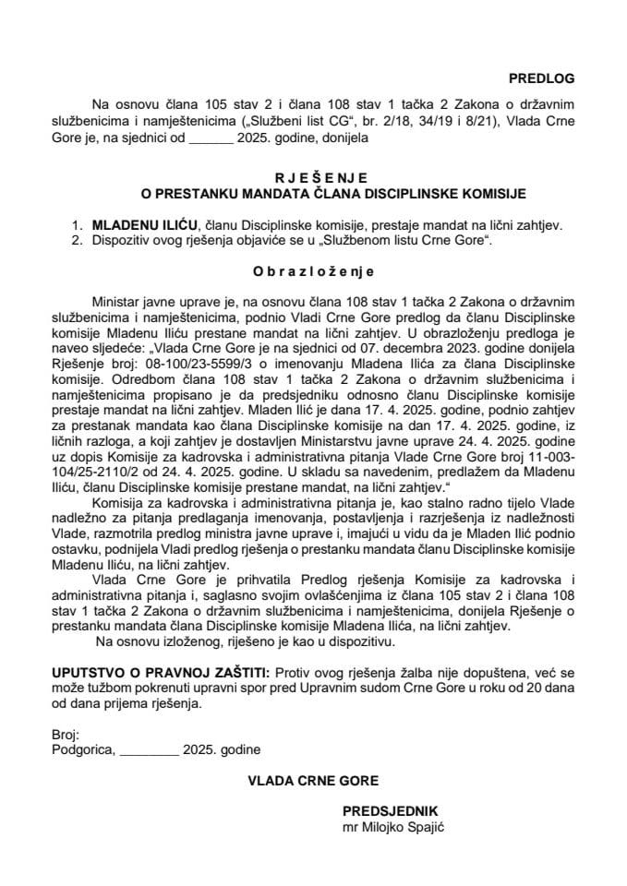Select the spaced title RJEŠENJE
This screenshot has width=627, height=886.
click(x=313, y=177)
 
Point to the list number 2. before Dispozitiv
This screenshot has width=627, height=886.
click(x=78, y=240)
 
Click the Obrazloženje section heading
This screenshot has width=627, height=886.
click(x=313, y=272)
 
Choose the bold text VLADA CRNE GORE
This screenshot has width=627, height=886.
click(x=313, y=779)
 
